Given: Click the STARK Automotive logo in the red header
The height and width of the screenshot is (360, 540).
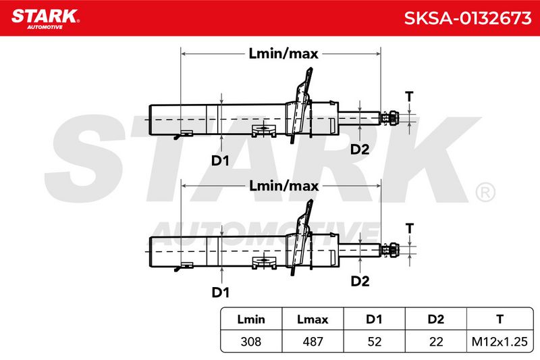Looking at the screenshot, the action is [x=45, y=19].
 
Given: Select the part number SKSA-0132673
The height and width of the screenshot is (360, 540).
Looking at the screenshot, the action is [x=468, y=18].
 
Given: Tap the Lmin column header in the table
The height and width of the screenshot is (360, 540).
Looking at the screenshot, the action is [x=251, y=319].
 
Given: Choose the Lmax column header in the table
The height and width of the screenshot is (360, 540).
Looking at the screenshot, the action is [x=313, y=319].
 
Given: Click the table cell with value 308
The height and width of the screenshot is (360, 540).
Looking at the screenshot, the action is [x=251, y=342].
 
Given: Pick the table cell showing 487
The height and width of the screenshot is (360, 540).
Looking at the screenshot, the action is [x=313, y=342].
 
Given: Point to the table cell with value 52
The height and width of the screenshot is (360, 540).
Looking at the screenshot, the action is [x=375, y=342].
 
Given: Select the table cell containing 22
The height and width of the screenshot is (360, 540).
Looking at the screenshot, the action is [x=436, y=342].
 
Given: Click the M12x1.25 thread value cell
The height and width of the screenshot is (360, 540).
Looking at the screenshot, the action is [x=500, y=342].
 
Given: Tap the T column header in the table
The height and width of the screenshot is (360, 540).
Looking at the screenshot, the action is [x=500, y=319].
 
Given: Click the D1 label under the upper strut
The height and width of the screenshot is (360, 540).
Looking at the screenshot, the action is [x=220, y=161].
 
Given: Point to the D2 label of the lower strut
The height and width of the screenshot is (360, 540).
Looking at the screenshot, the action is [x=360, y=281].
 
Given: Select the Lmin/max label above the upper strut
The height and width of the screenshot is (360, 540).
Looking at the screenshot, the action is [x=283, y=54].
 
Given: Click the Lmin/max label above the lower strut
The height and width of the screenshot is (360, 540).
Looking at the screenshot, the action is [x=283, y=186].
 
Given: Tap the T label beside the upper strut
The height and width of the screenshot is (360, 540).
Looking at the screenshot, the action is [x=409, y=97].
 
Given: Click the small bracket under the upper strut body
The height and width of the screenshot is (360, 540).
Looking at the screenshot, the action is [x=264, y=130].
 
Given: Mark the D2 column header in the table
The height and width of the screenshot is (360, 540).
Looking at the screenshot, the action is [x=436, y=319].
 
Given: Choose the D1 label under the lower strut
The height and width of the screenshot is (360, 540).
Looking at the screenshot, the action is [x=221, y=292].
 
